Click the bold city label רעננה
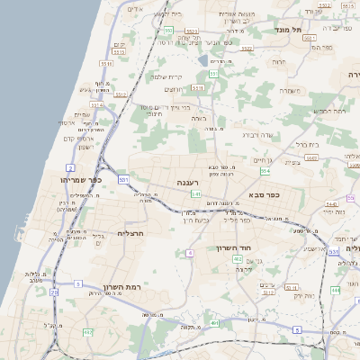tap(187, 183)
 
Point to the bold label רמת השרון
tap(118, 286)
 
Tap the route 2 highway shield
tap(69, 167)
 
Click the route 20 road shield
tap(54, 292)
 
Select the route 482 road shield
tap(87, 333)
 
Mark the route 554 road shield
tap(265, 170)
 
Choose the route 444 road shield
tap(335, 290)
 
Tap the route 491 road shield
tap(213, 322)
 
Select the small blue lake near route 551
tap(210, 63)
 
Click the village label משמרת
tap(288, 90)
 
